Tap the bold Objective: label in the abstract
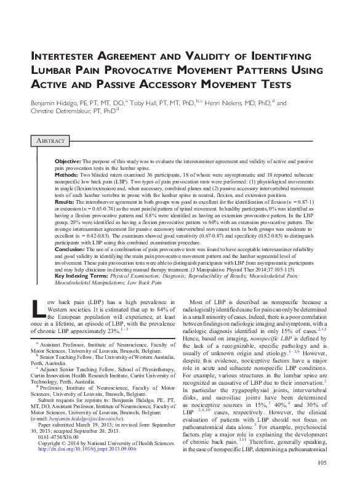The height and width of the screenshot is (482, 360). click(69, 159)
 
